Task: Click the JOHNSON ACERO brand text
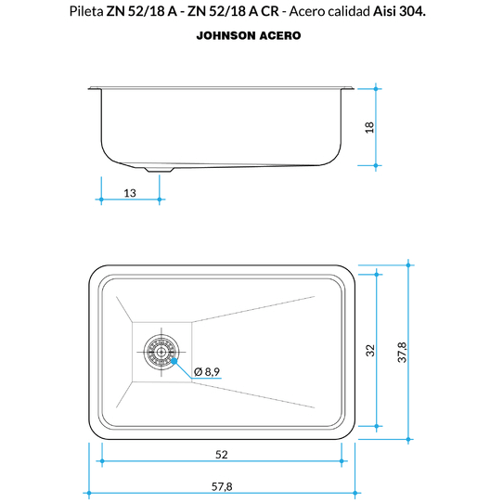coord(249,35)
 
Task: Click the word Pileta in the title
coord(86,11)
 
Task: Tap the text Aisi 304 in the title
coord(398,11)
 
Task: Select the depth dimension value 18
coord(369,127)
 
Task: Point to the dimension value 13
coord(130,193)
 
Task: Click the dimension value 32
coord(370,350)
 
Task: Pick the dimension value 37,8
coord(402,353)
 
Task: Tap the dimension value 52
coord(222,455)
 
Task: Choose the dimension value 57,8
coord(222,486)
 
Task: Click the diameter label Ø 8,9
coord(207,372)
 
